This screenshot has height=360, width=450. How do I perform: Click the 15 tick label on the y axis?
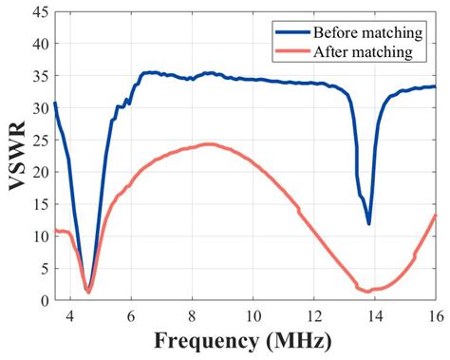pyautogui.click(x=39, y=204)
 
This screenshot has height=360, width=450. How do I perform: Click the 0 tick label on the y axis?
pyautogui.click(x=43, y=300)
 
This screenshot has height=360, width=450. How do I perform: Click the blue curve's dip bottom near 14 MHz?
pyautogui.click(x=368, y=223)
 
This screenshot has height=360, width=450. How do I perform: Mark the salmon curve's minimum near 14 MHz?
pyautogui.click(x=368, y=291)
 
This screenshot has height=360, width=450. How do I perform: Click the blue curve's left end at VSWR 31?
pyautogui.click(x=55, y=103)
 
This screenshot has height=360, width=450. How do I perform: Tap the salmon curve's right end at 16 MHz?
pyautogui.click(x=436, y=216)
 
